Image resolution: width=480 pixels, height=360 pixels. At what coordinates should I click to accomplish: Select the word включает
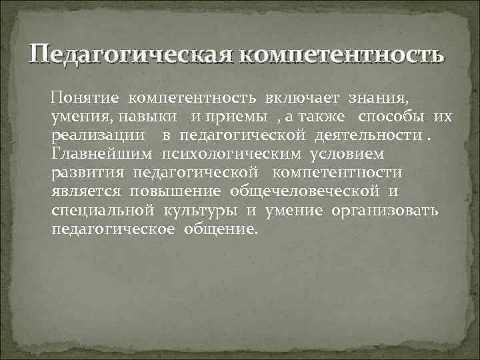[306, 98]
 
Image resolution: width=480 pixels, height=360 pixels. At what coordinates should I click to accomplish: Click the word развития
[88, 173]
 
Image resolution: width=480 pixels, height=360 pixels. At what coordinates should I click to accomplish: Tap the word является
[86, 192]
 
